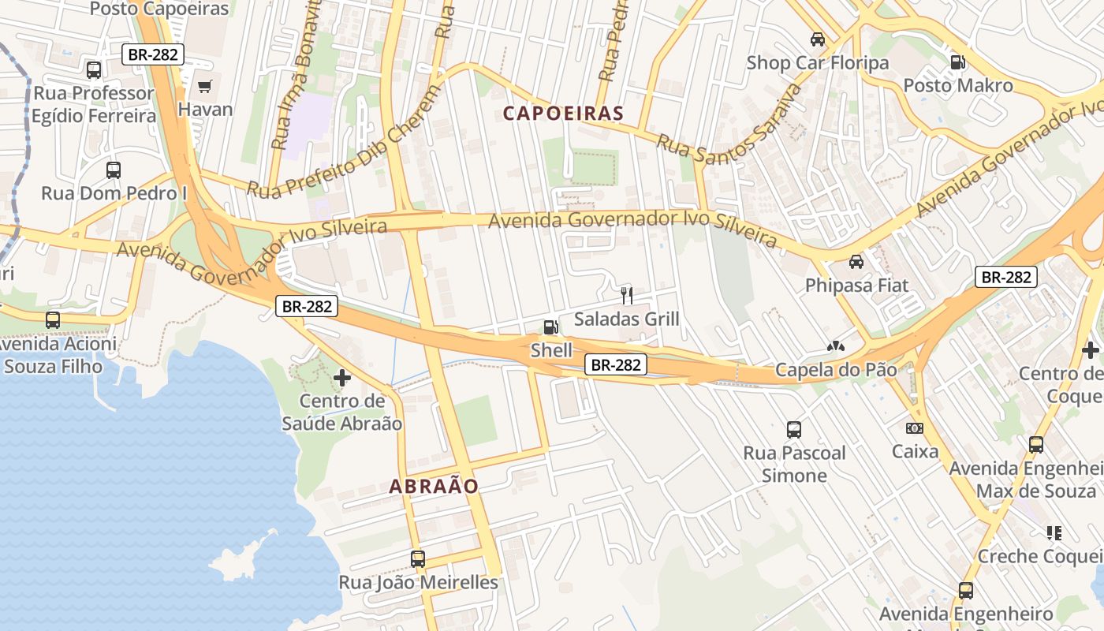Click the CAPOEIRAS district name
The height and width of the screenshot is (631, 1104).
click(563, 114)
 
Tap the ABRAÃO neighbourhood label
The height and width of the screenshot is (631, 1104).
click(434, 487)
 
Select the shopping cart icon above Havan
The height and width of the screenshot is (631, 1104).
click(205, 86)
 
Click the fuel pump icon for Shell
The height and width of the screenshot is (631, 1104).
click(550, 327)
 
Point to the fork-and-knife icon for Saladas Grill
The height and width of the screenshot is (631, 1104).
click(627, 296)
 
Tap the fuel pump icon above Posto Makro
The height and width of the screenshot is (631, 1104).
click(957, 62)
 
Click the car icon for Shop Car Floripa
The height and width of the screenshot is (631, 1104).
click(818, 39)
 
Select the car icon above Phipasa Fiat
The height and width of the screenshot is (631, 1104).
click(856, 261)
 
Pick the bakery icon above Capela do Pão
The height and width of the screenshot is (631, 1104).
click(836, 346)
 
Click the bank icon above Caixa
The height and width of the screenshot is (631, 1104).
click(915, 428)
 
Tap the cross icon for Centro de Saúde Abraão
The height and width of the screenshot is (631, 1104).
click(342, 378)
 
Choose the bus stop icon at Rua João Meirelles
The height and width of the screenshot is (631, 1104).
click(418, 559)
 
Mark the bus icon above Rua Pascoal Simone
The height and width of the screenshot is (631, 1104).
click(794, 430)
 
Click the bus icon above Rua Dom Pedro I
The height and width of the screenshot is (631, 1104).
click(114, 170)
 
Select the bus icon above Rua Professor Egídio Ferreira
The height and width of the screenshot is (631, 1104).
click(94, 69)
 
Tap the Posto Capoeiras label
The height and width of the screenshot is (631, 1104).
click(159, 9)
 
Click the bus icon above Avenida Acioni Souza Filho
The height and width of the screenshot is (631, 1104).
click(53, 320)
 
